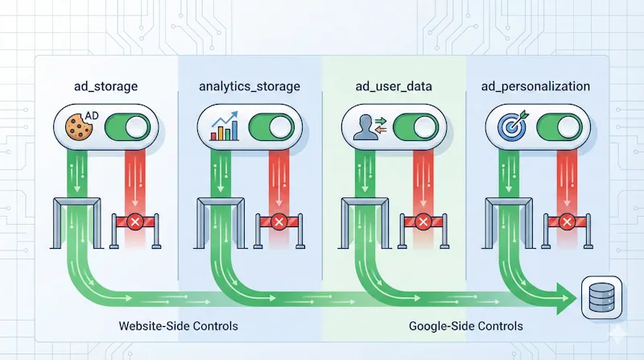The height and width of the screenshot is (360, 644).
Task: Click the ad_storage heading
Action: [x=107, y=85]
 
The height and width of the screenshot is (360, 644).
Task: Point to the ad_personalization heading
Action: [x=536, y=85]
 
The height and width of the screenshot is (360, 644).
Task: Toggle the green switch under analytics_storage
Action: [x=270, y=127]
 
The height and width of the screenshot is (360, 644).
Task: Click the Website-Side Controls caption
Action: [x=178, y=327]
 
